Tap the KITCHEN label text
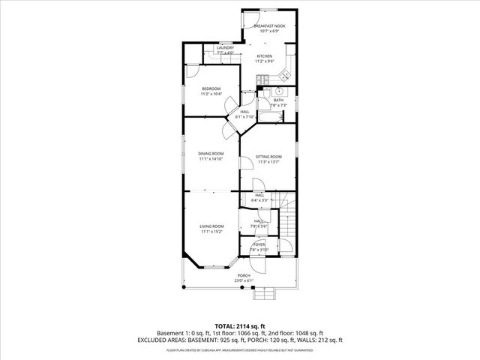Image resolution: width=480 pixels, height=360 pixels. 265,56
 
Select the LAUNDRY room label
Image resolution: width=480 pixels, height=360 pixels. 225,48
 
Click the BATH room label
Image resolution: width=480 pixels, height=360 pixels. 278,100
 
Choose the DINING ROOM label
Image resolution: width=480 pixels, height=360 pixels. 211,154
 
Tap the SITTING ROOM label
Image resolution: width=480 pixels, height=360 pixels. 268,156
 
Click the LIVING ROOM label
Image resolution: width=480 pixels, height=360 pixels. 211,226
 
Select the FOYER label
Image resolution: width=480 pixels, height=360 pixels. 259,244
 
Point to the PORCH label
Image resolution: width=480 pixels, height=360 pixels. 244,275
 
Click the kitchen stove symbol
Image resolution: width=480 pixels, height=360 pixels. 262,79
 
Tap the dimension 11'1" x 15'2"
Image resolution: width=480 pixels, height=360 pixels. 211,232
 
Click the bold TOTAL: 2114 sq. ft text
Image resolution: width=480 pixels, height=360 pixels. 240,326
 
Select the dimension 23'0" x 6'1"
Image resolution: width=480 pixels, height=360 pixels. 244,280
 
